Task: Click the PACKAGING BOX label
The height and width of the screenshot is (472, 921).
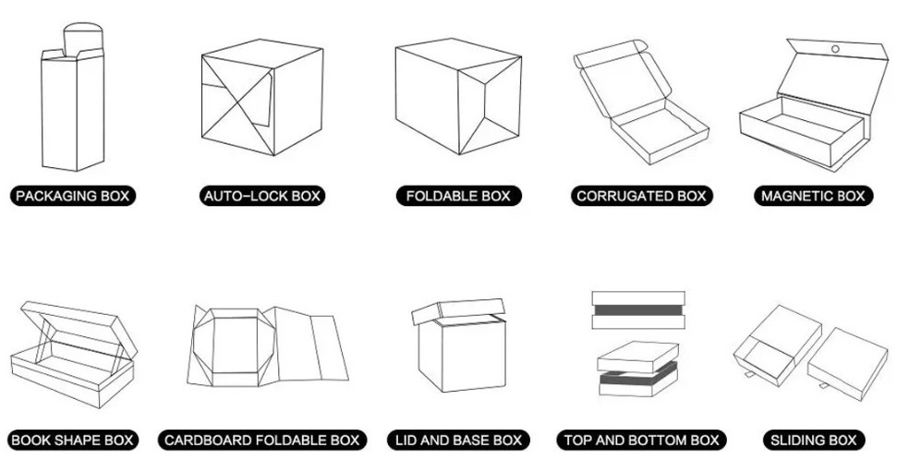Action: click(73, 196)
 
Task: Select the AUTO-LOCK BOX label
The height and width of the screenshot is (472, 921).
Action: click(262, 196)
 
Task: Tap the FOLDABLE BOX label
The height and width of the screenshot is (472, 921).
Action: click(457, 196)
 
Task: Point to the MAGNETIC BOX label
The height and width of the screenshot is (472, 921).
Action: click(812, 196)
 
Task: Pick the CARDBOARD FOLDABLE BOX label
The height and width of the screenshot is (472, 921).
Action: click(261, 441)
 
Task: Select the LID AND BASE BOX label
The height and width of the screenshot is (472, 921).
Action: click(457, 441)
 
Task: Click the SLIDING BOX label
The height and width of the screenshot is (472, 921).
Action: click(813, 441)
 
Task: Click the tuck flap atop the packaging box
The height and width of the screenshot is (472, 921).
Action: click(81, 40)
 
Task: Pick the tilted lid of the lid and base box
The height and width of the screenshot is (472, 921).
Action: click(457, 311)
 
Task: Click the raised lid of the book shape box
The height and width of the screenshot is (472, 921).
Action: click(79, 323)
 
